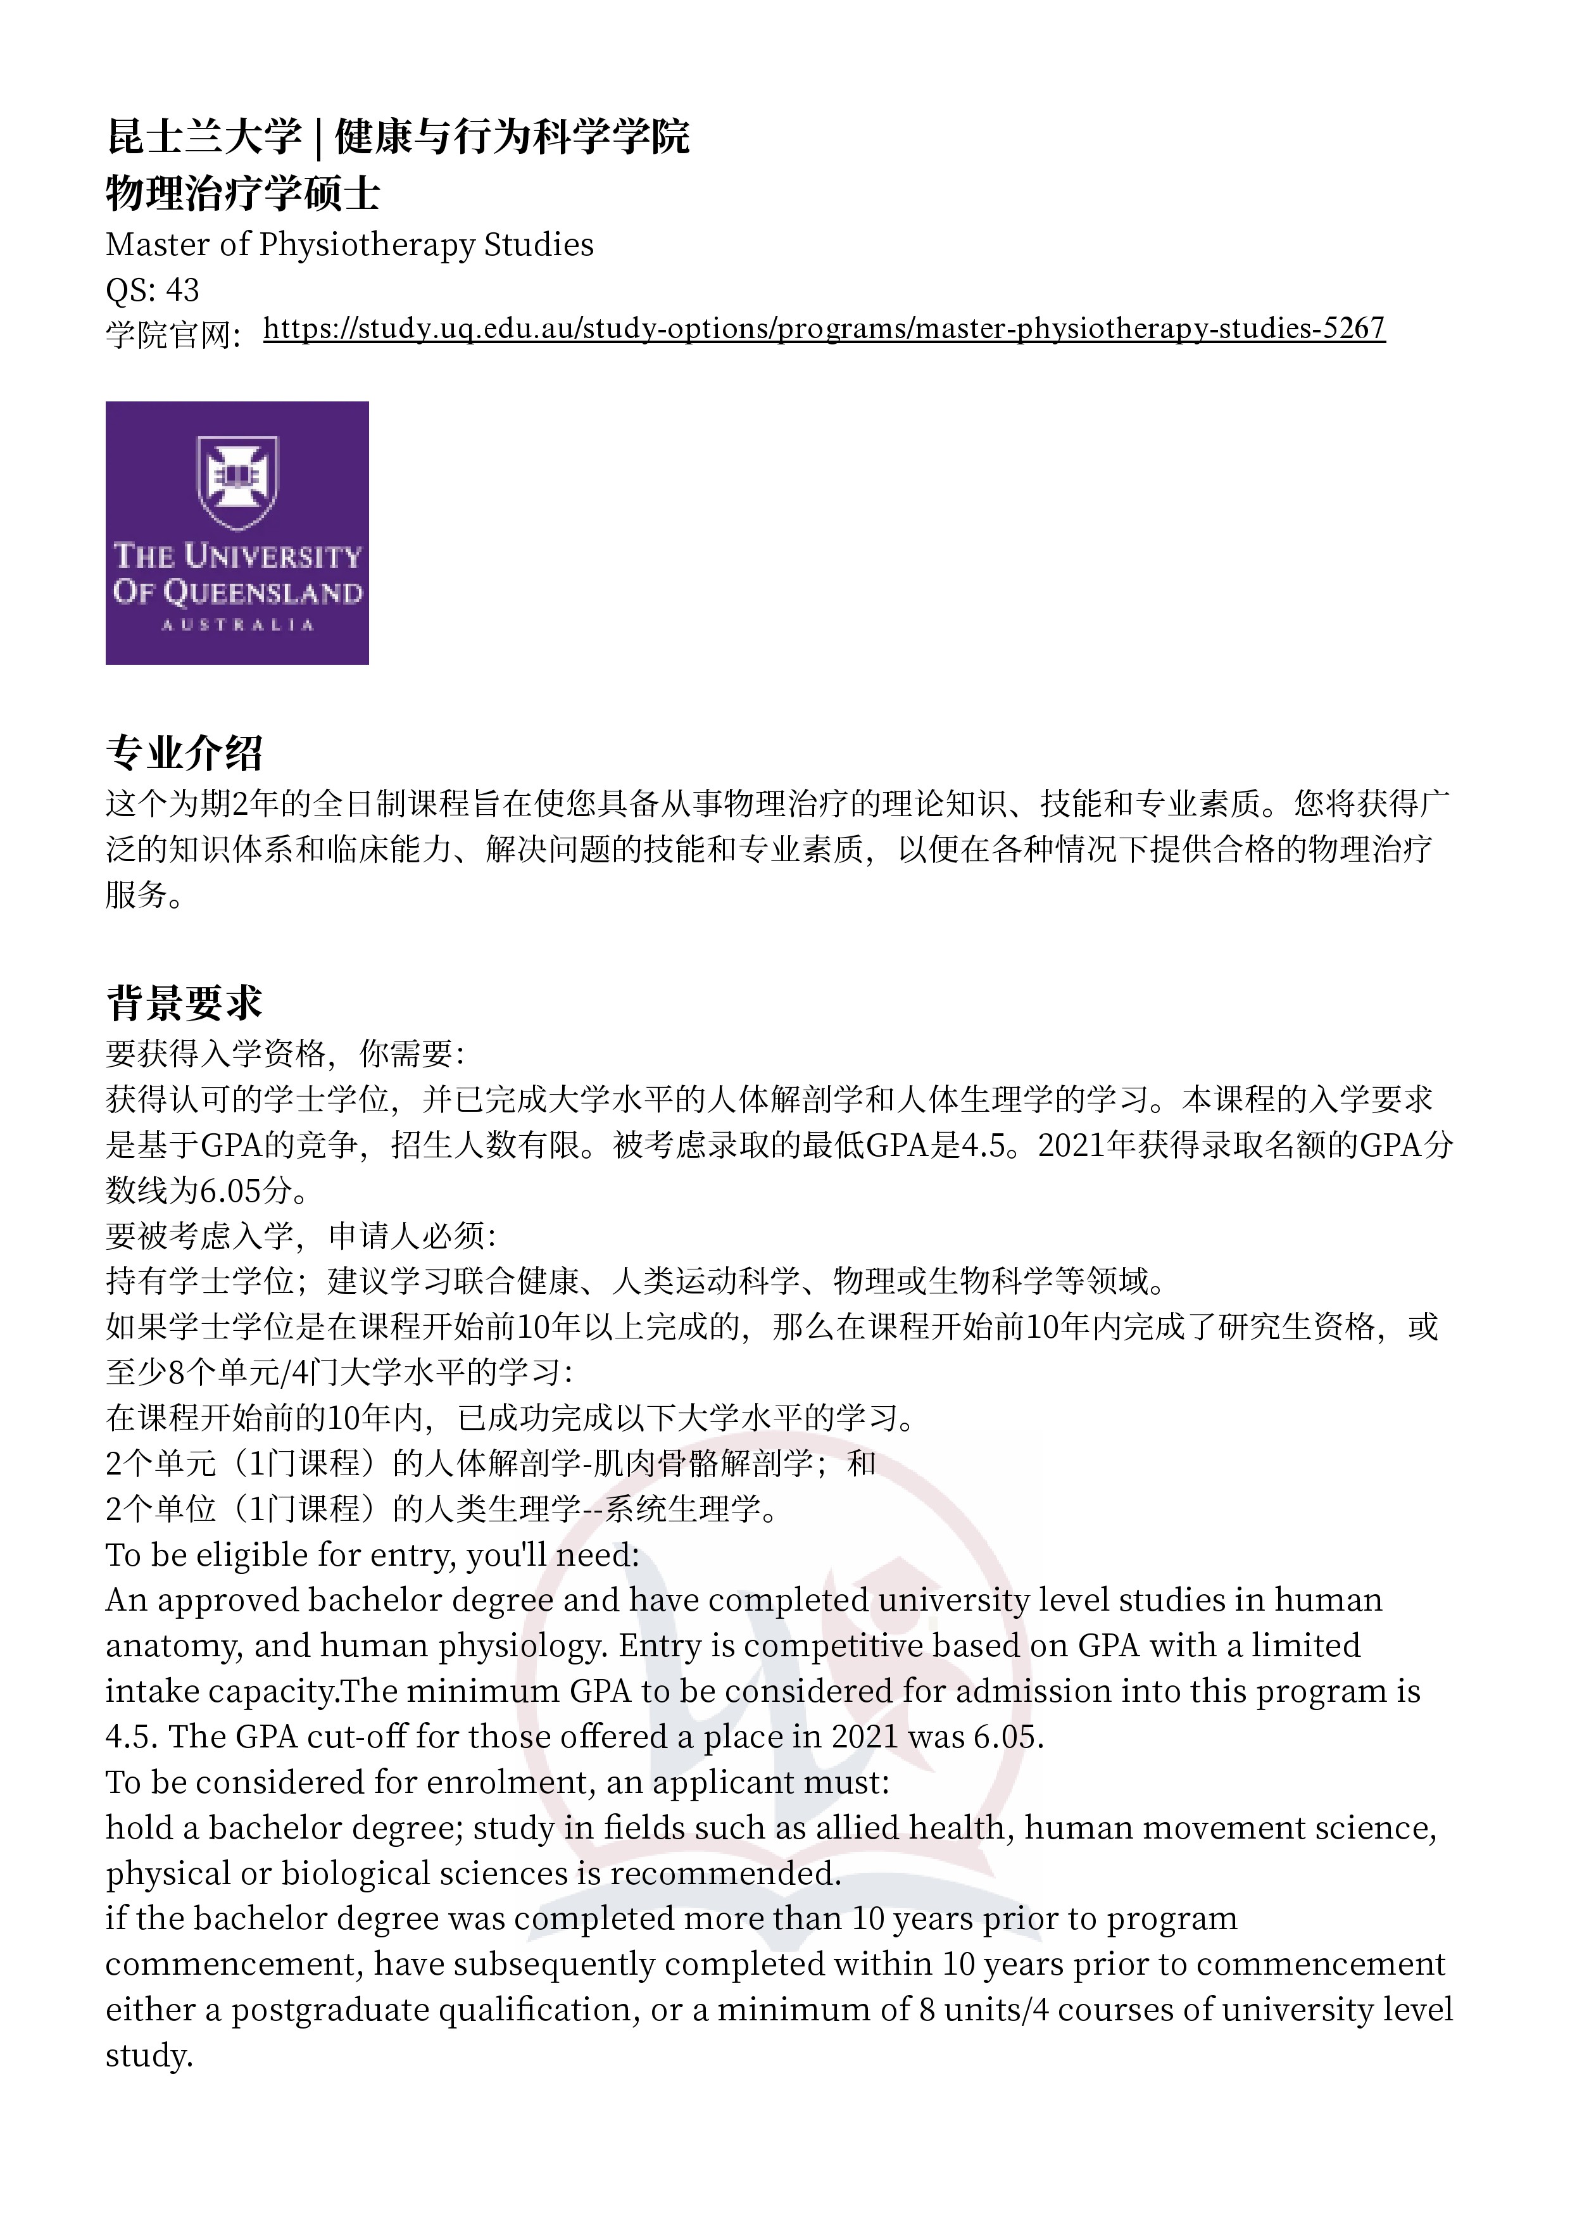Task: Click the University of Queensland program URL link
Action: click(823, 329)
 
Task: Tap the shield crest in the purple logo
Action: click(237, 481)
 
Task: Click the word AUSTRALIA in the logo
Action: click(237, 625)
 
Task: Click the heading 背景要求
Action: click(184, 1002)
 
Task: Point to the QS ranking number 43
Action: click(183, 289)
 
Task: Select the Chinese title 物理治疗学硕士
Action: click(242, 194)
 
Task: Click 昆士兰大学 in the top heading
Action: click(203, 136)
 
